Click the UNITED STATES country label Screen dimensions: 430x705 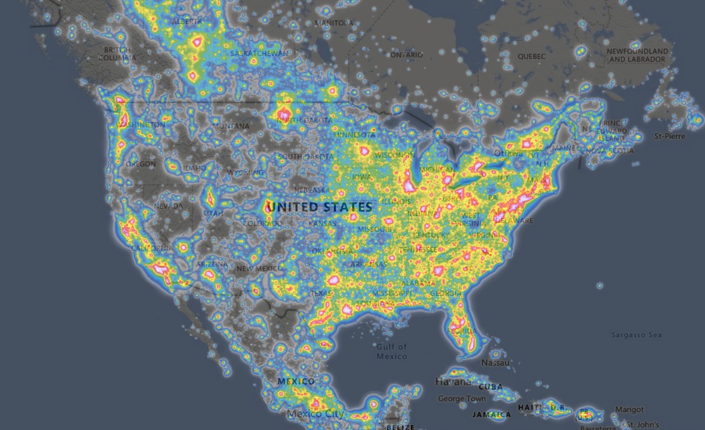[x=319, y=207]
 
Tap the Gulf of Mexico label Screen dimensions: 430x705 [x=392, y=351]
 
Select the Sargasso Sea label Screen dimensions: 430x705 [x=636, y=335]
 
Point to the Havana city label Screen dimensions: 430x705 [x=453, y=382]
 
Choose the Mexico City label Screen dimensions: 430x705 [x=316, y=414]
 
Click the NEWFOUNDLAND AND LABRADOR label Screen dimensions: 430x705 [x=638, y=55]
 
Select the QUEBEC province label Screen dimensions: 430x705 [x=532, y=56]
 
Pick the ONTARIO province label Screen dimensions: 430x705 [x=406, y=55]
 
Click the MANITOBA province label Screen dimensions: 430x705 [x=334, y=23]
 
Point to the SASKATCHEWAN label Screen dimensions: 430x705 [x=259, y=53]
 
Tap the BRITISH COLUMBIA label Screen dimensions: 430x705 [x=117, y=54]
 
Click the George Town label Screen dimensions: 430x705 [x=461, y=399]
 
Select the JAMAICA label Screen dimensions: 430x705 [x=492, y=414]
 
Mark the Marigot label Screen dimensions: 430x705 [x=629, y=410]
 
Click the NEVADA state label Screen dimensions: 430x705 [x=168, y=206]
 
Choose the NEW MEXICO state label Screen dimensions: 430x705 [x=259, y=268]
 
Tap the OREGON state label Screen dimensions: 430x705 [x=141, y=164]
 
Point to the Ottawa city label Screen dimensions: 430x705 [x=508, y=153]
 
